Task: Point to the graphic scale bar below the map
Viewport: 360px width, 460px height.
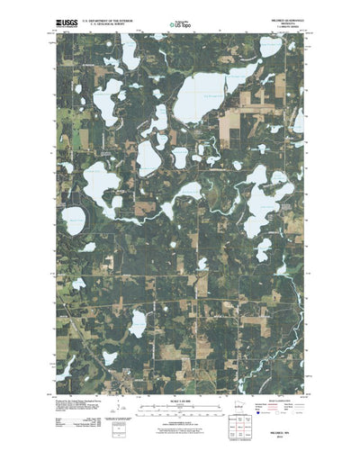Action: [179, 391]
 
